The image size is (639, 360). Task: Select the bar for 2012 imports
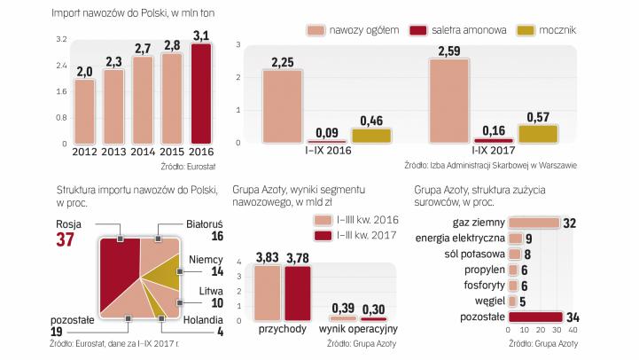coord(84,112)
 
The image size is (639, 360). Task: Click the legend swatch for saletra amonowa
coord(422,29)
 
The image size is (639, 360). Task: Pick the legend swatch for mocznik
coord(530,29)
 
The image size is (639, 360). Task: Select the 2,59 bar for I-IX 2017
coord(448,100)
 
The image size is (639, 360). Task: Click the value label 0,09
coord(326,131)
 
